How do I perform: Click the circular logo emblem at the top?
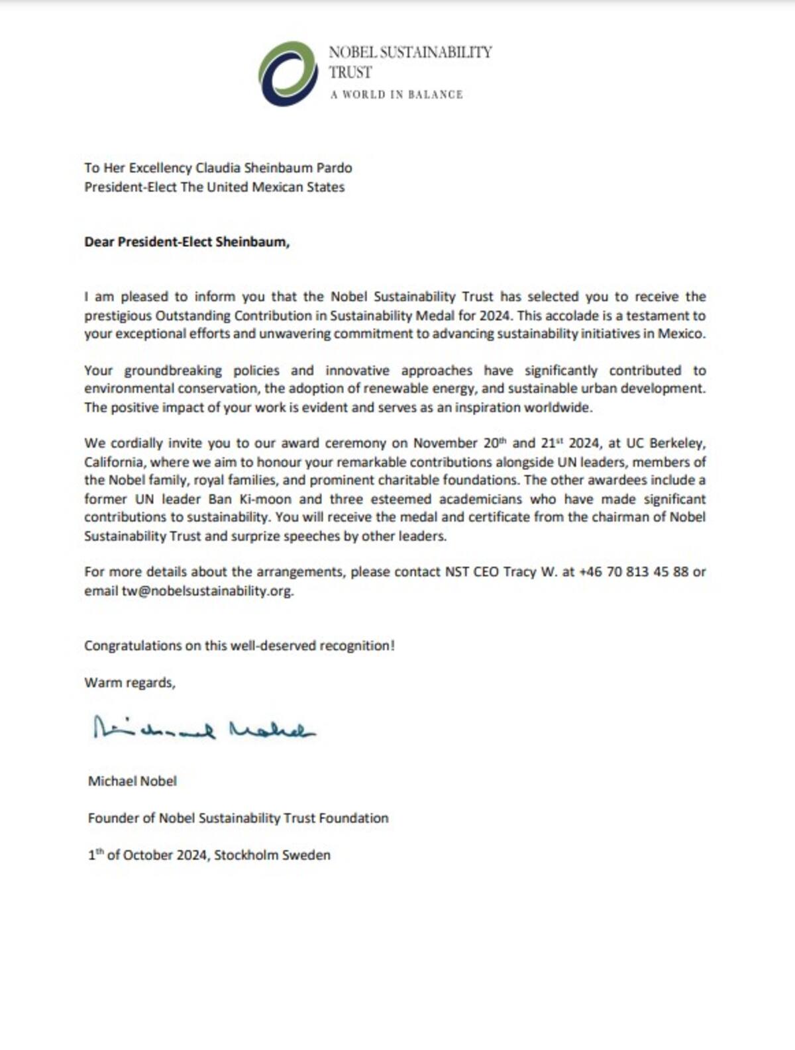[x=288, y=73]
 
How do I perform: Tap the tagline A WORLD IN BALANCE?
[x=396, y=95]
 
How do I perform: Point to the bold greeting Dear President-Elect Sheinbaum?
[x=187, y=242]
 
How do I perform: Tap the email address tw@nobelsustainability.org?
[x=207, y=591]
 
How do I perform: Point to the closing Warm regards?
[x=130, y=683]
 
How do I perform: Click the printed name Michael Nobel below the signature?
[x=132, y=781]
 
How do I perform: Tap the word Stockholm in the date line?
[x=246, y=855]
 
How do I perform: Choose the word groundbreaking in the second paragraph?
[x=174, y=371]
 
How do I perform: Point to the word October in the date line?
[x=146, y=855]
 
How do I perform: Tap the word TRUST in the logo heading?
[x=350, y=73]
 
